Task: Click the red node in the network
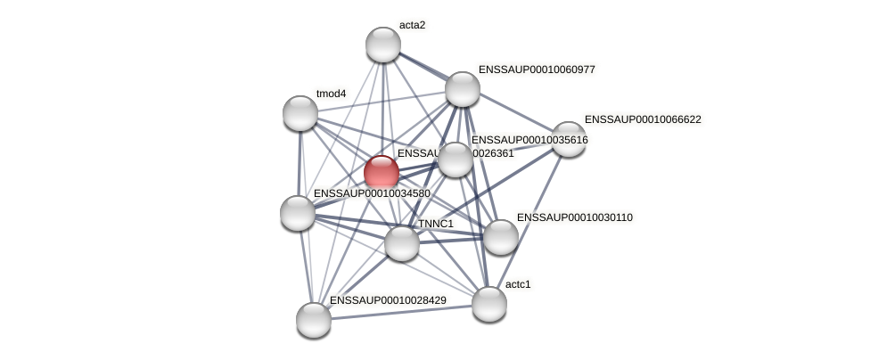click(x=382, y=172)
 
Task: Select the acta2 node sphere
click(x=383, y=45)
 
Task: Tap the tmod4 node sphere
click(x=300, y=113)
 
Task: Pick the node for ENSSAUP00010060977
click(x=462, y=89)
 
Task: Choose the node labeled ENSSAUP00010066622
click(x=568, y=138)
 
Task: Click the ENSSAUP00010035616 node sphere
click(x=455, y=160)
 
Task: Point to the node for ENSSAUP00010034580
click(x=298, y=213)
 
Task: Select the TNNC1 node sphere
click(x=402, y=242)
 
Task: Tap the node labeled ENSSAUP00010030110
click(x=500, y=236)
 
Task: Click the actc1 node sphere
click(x=489, y=304)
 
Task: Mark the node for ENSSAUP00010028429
click(x=314, y=320)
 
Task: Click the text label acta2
click(x=412, y=25)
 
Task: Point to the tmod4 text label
click(x=331, y=94)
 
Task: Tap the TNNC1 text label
click(x=436, y=224)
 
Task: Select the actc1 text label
click(x=517, y=285)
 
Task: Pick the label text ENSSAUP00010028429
click(x=388, y=300)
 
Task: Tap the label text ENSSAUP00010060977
click(x=537, y=70)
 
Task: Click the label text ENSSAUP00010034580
click(x=372, y=193)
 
